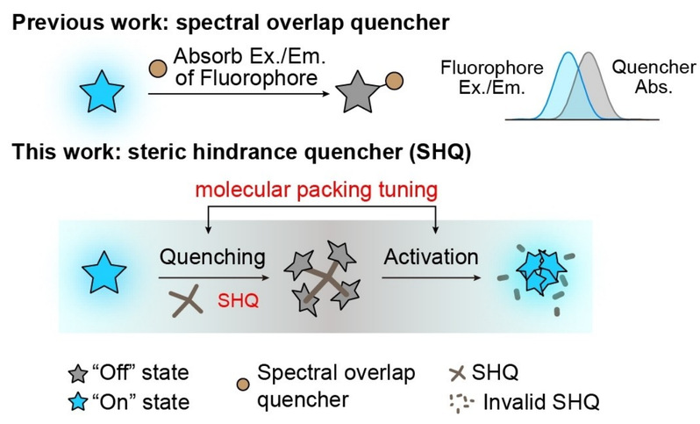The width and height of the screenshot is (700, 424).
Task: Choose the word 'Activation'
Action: point(431,256)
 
